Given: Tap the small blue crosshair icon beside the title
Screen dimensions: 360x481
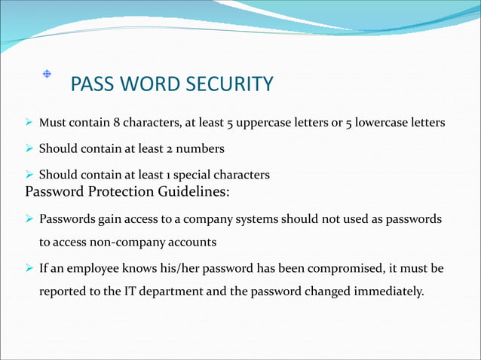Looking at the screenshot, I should pyautogui.click(x=46, y=74).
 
